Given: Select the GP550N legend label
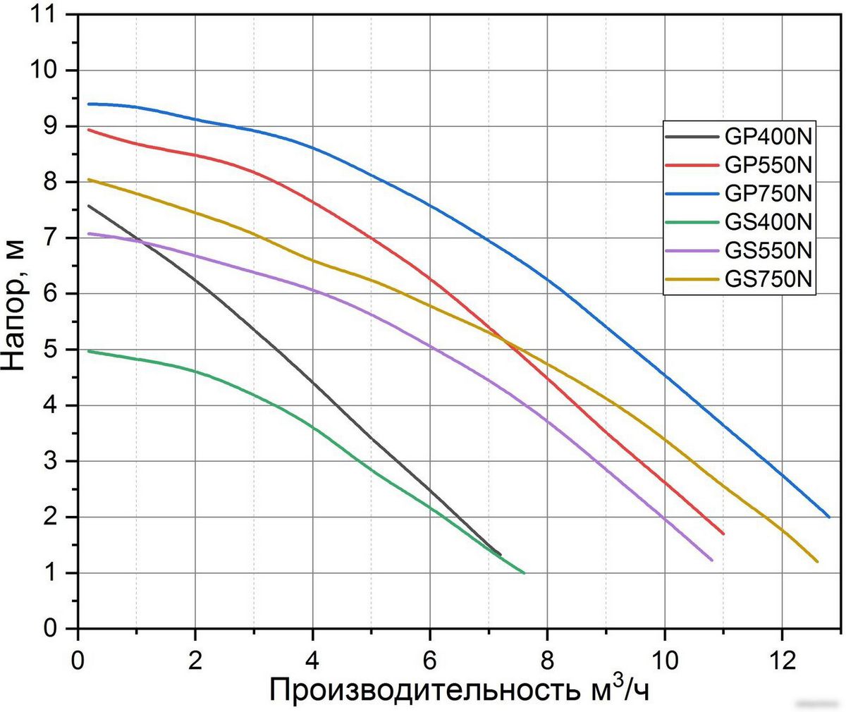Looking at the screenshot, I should coord(768,165).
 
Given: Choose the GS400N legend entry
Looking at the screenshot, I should coord(768,222).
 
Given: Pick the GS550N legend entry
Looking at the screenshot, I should coord(768,251).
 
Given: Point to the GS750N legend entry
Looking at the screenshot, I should coord(768,280).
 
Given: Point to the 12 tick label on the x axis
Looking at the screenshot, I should coord(780,645).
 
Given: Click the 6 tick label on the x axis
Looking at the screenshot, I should coord(429,645).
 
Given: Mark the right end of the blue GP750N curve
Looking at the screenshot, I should coord(829,517).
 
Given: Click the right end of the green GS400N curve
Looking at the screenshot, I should coord(524,572).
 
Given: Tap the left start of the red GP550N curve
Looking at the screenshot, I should coord(89,130).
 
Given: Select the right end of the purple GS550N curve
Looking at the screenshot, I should coord(711,560).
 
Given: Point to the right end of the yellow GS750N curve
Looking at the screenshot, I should coord(817,561).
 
